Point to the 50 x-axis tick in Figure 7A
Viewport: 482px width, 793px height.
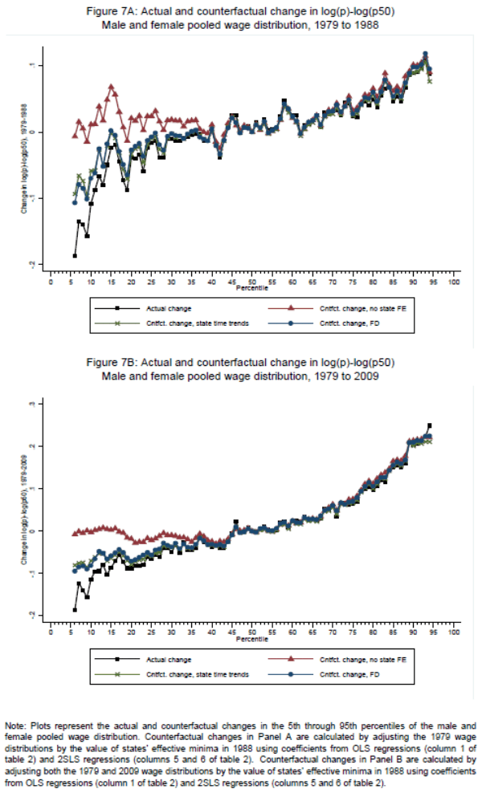pyautogui.click(x=252, y=282)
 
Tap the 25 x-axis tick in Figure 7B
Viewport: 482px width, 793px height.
pyautogui.click(x=151, y=632)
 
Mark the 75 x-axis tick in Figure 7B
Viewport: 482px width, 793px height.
pyautogui.click(x=353, y=632)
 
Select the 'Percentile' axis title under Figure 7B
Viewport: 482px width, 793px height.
pyautogui.click(x=251, y=639)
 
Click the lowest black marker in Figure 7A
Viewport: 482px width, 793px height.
pyautogui.click(x=75, y=256)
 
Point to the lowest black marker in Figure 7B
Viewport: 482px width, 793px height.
pyautogui.click(x=75, y=610)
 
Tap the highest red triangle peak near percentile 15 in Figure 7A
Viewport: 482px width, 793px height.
pyautogui.click(x=111, y=87)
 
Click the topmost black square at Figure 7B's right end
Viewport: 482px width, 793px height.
pyautogui.click(x=430, y=425)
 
